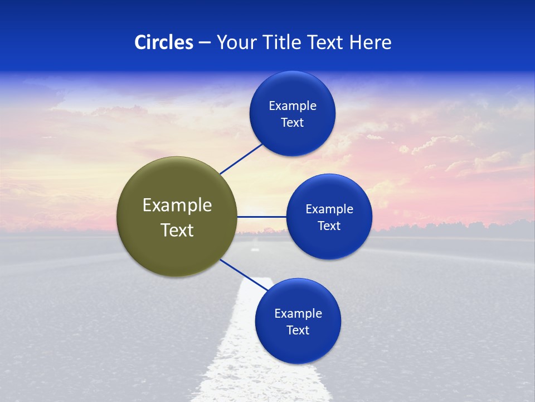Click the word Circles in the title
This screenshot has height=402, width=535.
tap(164, 42)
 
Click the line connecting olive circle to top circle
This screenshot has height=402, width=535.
tap(241, 159)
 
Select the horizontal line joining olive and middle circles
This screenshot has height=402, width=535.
tap(261, 217)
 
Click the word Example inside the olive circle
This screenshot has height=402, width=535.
tap(177, 205)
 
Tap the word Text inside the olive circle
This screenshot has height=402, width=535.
tap(177, 230)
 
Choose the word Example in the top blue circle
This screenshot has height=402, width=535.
tap(293, 106)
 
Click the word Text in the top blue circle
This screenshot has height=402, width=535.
tap(293, 123)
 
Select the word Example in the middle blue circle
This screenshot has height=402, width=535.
tap(329, 209)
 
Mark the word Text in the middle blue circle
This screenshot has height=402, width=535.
tap(329, 226)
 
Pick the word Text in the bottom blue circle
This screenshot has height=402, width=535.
tap(298, 331)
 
